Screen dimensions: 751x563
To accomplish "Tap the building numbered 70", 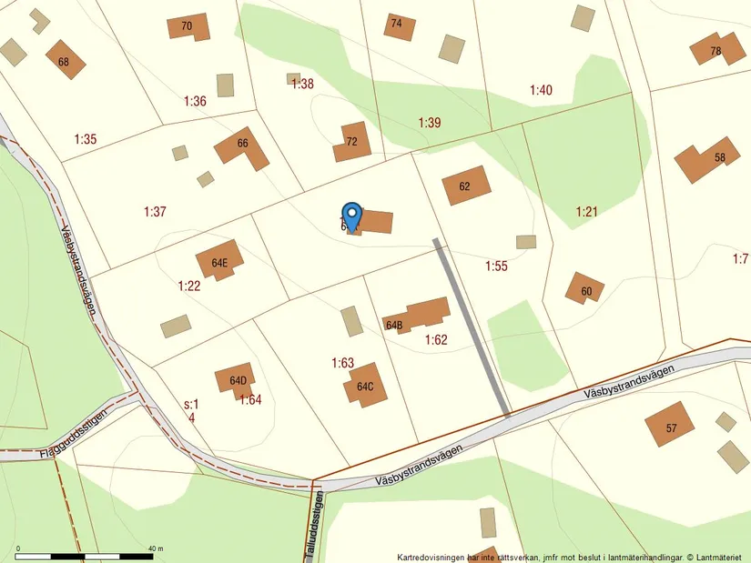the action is point(188,26).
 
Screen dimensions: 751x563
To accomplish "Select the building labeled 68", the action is point(65,60).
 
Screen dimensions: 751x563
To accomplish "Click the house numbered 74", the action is point(397,25).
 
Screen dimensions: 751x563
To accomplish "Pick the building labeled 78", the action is point(715,49).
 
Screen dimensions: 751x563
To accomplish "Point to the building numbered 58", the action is point(707,159).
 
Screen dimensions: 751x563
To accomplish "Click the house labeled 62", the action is point(466,186).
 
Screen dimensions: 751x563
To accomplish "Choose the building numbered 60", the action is point(584,289).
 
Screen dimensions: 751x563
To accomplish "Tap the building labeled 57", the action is point(670,426).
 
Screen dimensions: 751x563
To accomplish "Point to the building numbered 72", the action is point(351,142).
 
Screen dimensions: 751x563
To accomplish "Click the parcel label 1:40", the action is point(541,90).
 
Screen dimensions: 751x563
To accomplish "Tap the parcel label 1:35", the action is point(86,139).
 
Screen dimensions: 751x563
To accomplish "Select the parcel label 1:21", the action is point(586,212).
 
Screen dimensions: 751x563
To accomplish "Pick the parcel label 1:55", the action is point(496,266).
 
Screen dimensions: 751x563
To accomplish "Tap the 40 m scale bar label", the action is point(155,548).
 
